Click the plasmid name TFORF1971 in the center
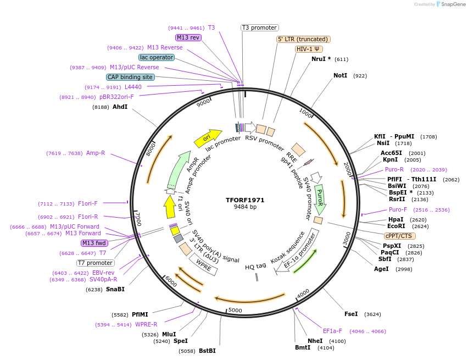click(x=245, y=200)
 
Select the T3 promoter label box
click(x=260, y=27)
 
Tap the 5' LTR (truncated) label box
click(x=303, y=39)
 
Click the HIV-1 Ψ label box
click(x=308, y=49)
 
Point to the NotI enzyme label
click(x=341, y=75)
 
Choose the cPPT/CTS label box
click(x=398, y=236)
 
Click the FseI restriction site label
click(x=351, y=314)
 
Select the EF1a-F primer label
click(x=332, y=331)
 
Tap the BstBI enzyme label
click(x=207, y=351)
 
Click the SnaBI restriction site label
click(x=115, y=289)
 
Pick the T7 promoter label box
click(x=96, y=263)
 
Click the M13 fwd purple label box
click(x=94, y=243)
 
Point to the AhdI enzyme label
click(x=120, y=107)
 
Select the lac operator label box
click(x=157, y=57)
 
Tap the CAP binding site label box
click(x=130, y=77)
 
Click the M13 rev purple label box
click(x=188, y=37)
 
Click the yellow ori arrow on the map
click(x=208, y=138)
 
